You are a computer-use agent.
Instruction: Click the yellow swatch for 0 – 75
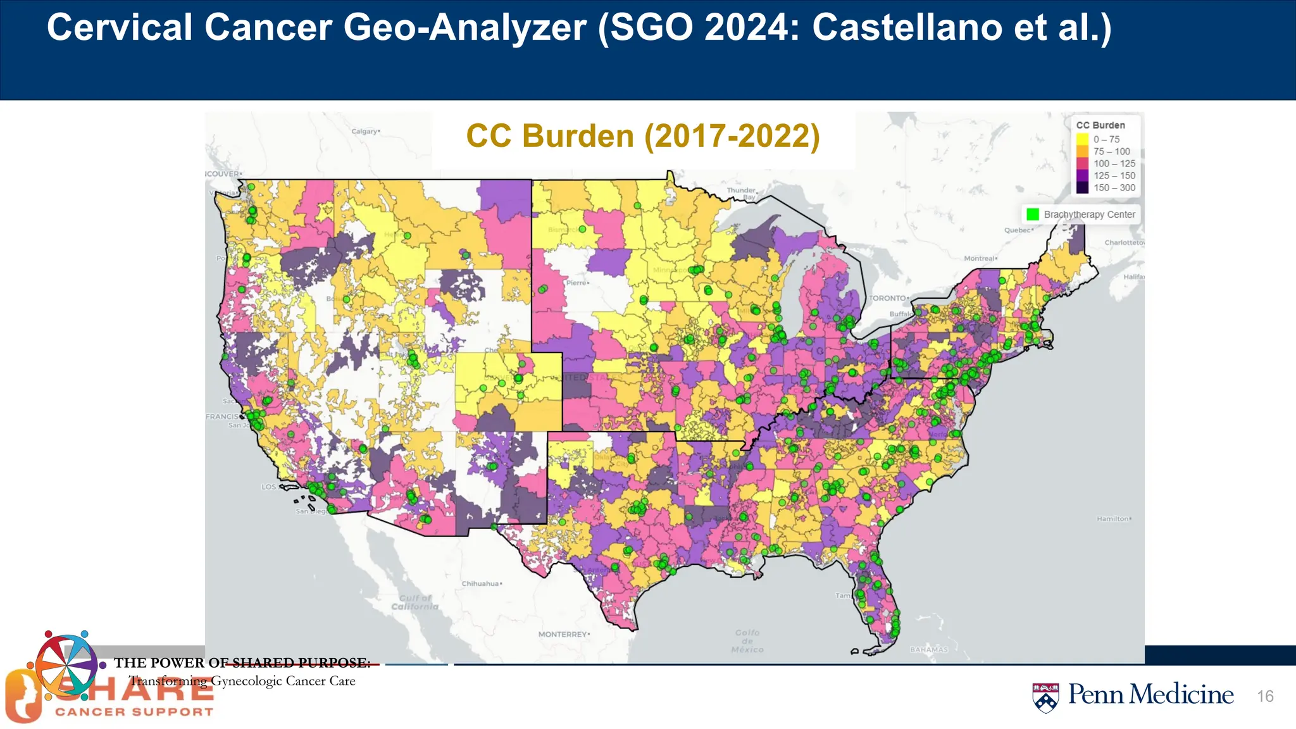pos(1082,139)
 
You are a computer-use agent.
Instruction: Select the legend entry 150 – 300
pos(1114,188)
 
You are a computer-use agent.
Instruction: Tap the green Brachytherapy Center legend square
pos(1033,215)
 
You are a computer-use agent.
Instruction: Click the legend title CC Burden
pos(1100,125)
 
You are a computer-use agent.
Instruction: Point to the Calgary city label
pos(364,132)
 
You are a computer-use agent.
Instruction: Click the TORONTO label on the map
pos(888,298)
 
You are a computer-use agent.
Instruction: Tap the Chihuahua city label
pos(480,583)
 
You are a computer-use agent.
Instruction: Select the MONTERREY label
pos(563,634)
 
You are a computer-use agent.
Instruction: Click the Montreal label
pos(980,258)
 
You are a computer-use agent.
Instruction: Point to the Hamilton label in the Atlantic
pos(1112,519)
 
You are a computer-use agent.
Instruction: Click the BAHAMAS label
pos(929,650)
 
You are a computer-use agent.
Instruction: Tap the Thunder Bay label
pos(742,194)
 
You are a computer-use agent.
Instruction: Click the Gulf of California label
pos(414,602)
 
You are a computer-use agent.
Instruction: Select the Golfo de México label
pos(747,640)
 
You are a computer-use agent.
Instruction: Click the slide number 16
pos(1265,696)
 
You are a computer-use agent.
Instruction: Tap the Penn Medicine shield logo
pos(1045,697)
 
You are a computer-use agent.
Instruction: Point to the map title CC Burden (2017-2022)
pos(643,136)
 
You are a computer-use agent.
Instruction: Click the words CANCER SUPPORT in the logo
pos(134,712)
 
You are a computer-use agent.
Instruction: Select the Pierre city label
pos(576,283)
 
